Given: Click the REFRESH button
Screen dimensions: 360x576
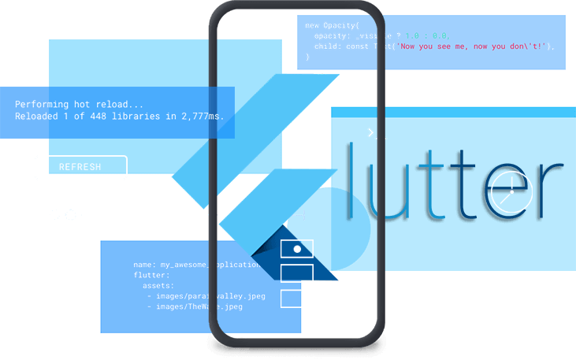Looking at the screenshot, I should tap(80, 167).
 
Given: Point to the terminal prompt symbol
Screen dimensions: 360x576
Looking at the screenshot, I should tap(371, 133).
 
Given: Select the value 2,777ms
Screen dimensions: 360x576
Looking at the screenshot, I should tap(201, 117).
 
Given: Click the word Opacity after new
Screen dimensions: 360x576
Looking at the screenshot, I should tap(344, 26).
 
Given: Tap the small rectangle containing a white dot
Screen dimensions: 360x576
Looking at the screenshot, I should tap(297, 249).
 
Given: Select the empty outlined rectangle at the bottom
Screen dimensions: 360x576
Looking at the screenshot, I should tap(297, 299).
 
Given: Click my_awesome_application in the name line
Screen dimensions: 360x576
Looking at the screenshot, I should tap(210, 265).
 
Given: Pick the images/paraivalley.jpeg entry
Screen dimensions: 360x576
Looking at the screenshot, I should tap(210, 296).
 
